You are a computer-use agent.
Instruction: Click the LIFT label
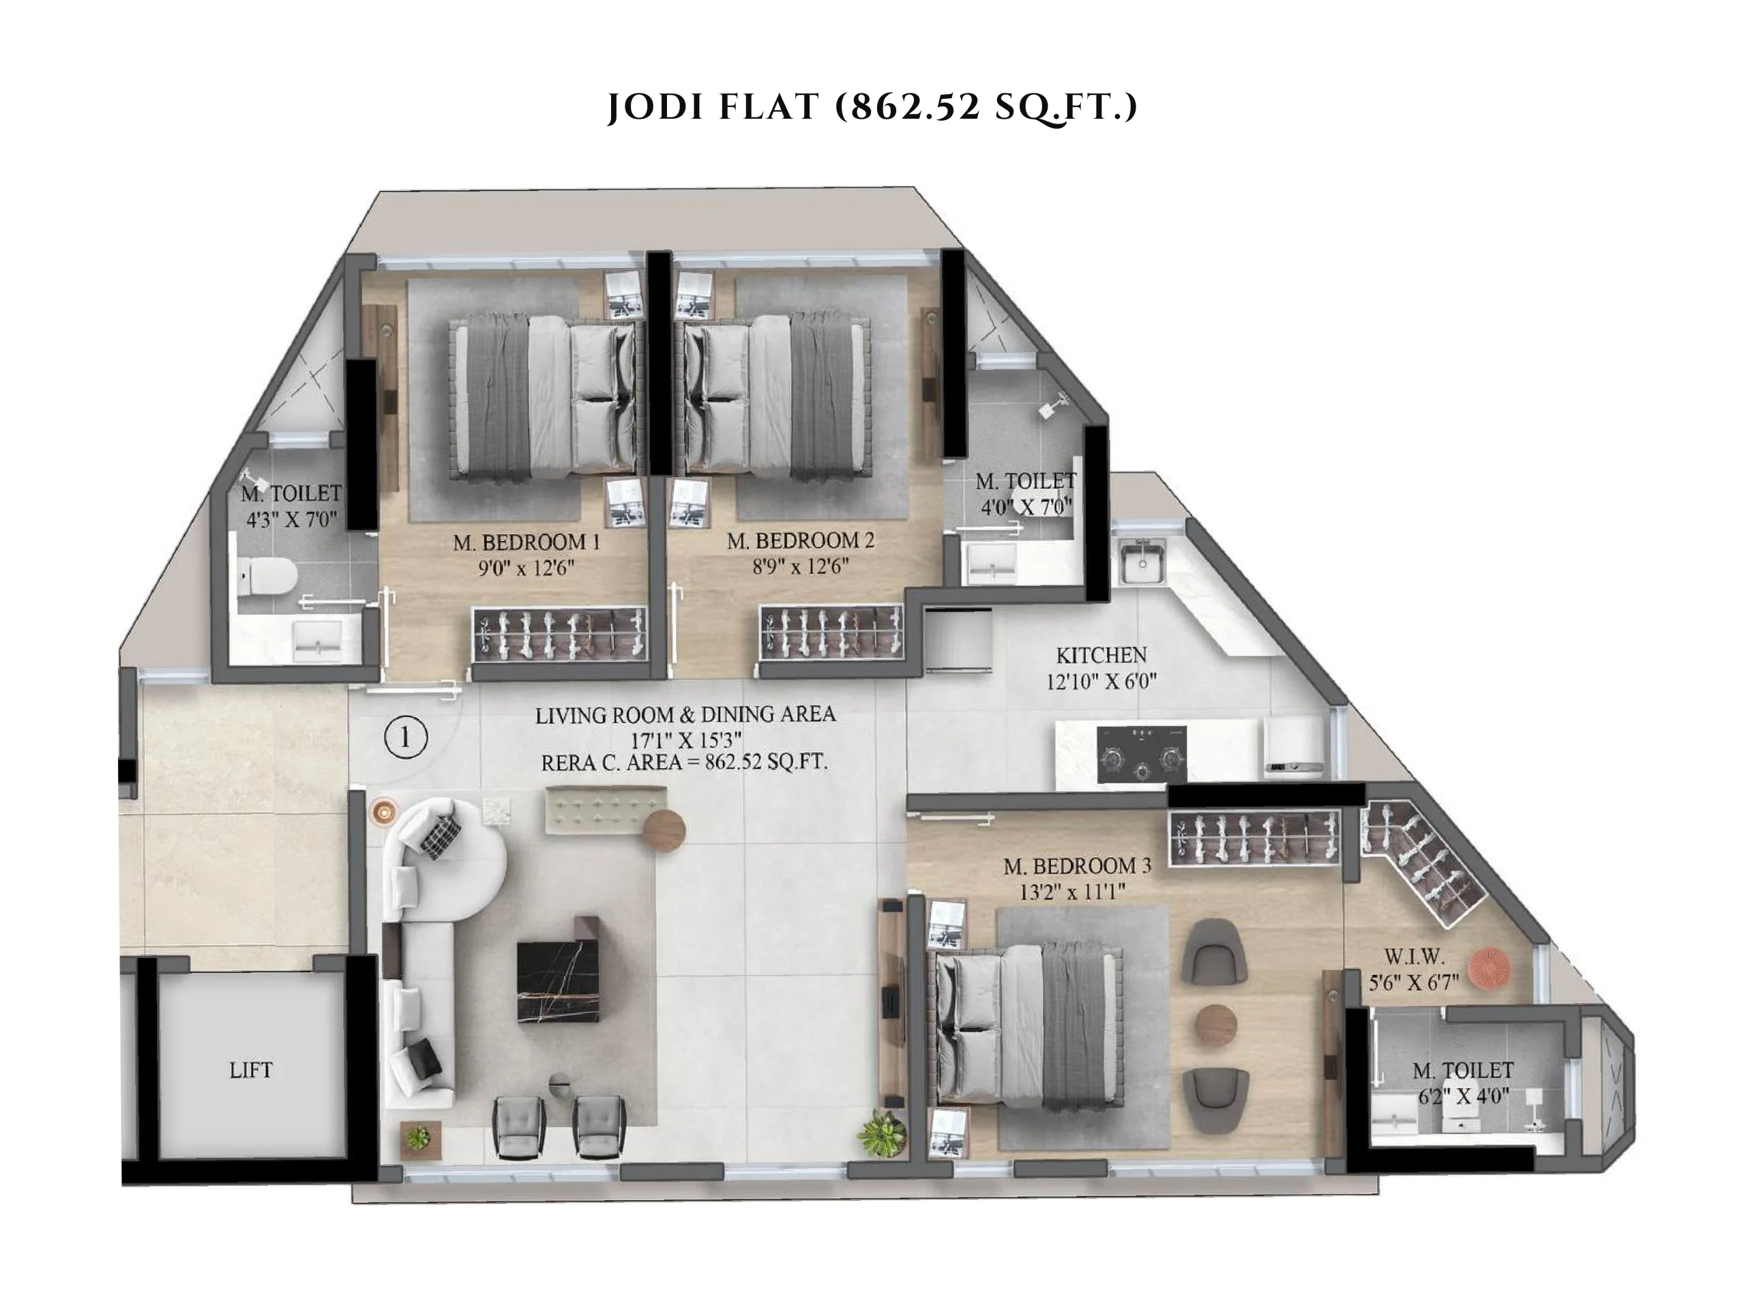(251, 1070)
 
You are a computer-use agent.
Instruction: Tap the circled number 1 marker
(406, 738)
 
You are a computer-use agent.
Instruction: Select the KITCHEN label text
(1101, 655)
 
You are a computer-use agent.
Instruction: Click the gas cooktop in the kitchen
(1141, 755)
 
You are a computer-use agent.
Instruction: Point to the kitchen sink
(1142, 561)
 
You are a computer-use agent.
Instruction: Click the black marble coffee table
(559, 981)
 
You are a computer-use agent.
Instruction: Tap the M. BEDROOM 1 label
(526, 542)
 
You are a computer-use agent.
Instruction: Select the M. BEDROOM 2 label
(801, 541)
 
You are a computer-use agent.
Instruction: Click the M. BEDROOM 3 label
(1078, 866)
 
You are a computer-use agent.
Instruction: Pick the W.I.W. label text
(1414, 957)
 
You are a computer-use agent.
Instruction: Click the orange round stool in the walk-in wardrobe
(1490, 968)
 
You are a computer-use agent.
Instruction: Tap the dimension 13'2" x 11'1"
(1072, 892)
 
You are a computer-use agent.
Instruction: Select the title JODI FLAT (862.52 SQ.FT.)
(872, 106)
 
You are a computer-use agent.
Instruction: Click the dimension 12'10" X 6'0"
(1101, 682)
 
